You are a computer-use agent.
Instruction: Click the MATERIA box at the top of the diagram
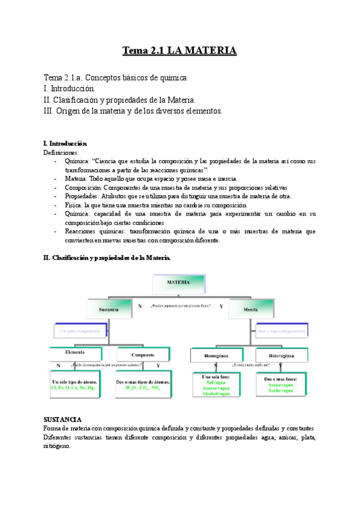[x=179, y=282]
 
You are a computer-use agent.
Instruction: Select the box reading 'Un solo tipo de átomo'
[x=75, y=385]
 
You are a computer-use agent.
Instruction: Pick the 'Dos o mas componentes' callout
[x=281, y=330]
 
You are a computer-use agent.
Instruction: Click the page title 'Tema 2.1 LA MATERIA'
[x=179, y=50]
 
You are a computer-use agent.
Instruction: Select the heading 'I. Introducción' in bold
[x=65, y=144]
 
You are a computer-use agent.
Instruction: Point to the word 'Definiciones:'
[x=61, y=152]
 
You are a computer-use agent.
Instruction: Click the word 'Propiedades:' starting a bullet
[x=85, y=196]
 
